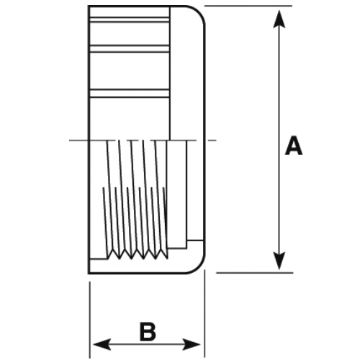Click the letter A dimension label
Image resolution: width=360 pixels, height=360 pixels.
(294, 145)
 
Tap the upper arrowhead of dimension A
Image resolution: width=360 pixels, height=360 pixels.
(279, 19)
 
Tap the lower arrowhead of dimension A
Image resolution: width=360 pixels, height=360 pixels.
(279, 261)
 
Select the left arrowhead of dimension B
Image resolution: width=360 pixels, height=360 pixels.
(102, 345)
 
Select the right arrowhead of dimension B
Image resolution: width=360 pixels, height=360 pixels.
(192, 345)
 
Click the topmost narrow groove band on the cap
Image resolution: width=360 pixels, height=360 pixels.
(130, 19)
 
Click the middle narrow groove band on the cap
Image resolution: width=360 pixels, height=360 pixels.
(130, 49)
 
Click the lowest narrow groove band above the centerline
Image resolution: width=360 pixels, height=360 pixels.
(130, 94)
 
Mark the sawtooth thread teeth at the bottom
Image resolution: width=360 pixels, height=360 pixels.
(137, 254)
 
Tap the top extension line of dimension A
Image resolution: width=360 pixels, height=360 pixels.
(248, 6)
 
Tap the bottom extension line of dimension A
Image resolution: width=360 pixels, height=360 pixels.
(255, 273)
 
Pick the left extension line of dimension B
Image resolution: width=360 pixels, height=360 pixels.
(90, 320)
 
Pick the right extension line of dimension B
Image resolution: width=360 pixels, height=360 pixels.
(204, 313)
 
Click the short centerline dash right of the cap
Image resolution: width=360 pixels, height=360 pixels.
(212, 140)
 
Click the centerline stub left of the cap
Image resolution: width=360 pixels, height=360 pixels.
(79, 140)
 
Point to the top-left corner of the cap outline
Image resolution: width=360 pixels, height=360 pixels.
(89, 6)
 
